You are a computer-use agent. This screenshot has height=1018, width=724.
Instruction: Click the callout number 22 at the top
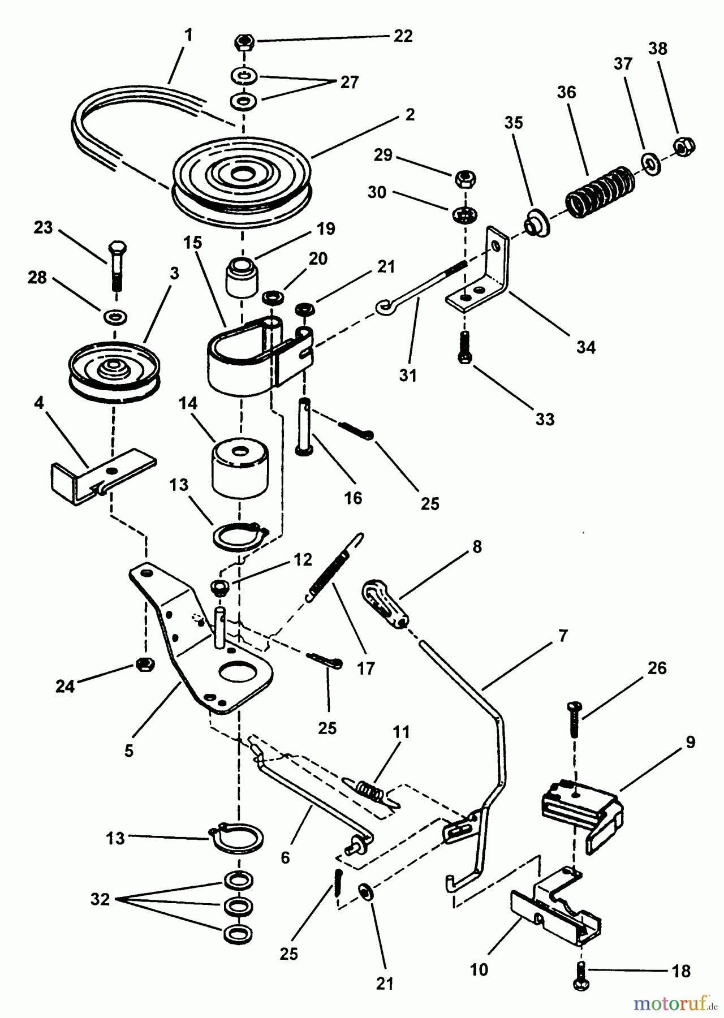(x=403, y=37)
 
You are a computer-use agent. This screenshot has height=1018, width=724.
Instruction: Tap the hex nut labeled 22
(x=244, y=42)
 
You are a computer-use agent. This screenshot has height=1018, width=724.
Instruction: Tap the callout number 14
(x=187, y=403)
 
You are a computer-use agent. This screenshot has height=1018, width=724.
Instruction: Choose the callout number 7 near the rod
(x=562, y=635)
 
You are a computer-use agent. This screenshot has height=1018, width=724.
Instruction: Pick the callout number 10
(x=479, y=970)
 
